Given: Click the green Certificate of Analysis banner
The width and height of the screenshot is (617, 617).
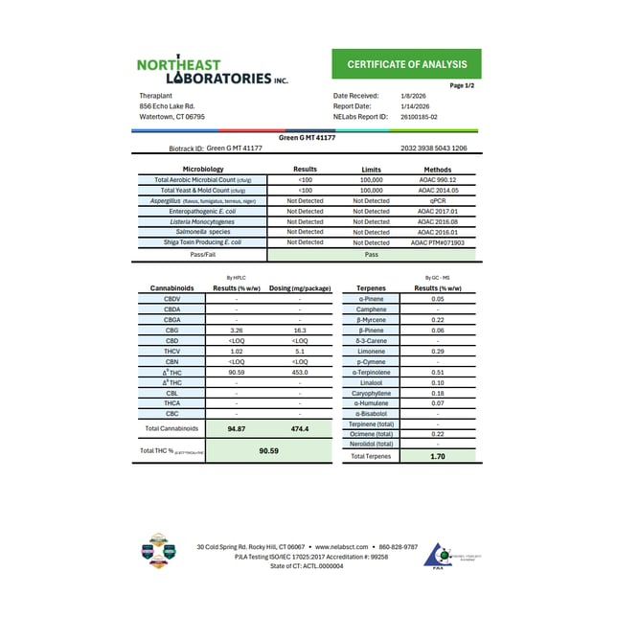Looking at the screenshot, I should pos(407,65).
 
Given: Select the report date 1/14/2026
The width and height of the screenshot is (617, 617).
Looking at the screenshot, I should pos(415,106).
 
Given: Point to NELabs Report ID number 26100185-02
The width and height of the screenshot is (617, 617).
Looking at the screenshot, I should pos(419,116).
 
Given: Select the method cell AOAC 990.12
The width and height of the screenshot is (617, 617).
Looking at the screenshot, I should pos(438,179).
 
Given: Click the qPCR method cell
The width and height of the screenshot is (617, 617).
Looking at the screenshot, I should pos(438,200).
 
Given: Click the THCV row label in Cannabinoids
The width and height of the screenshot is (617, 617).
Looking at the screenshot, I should pos(171,351).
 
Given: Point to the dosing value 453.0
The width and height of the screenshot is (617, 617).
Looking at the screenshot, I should pos(300,374).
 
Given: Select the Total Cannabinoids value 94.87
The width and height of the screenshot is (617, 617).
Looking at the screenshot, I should pos(237,428).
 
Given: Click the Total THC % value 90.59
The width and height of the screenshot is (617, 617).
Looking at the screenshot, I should pos(268,450).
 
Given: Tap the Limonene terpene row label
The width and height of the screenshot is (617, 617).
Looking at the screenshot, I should pos(371,351).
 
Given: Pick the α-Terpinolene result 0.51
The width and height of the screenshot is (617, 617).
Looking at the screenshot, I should pos(438,372).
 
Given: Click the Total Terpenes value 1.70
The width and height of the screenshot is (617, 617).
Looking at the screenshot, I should pos(438,457).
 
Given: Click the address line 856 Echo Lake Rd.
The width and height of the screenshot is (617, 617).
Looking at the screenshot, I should pos(167,106).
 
